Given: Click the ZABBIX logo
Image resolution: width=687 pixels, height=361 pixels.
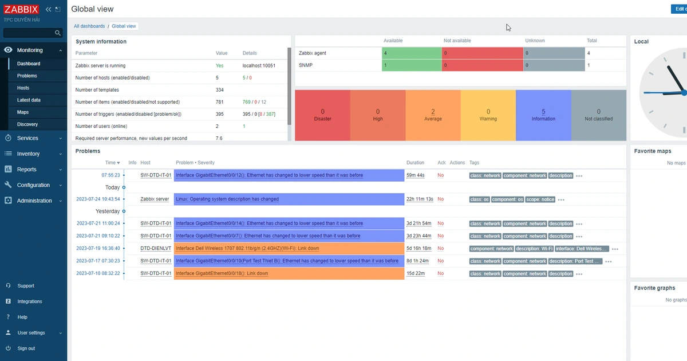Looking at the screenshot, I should [21, 9].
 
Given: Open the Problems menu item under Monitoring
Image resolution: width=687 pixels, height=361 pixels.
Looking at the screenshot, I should [27, 76].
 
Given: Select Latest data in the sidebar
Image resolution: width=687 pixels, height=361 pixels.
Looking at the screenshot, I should [29, 100].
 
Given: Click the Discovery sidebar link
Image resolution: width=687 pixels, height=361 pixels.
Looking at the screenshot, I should [27, 124].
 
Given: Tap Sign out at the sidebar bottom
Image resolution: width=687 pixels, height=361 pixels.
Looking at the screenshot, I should [26, 348].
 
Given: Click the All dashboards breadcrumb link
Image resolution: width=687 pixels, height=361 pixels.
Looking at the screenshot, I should [89, 26].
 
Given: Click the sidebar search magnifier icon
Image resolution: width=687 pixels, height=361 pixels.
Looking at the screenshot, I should [57, 33].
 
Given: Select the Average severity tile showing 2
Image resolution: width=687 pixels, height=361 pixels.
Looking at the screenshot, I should [433, 115].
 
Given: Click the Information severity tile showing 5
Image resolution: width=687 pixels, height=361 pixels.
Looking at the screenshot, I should [543, 115].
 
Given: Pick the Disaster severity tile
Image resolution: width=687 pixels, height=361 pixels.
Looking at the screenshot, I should [322, 115].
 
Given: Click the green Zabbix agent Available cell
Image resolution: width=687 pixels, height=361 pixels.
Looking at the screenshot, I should [411, 53].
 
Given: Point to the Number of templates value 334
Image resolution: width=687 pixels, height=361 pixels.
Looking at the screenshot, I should [219, 90].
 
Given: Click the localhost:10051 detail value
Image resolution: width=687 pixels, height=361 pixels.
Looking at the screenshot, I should [259, 66].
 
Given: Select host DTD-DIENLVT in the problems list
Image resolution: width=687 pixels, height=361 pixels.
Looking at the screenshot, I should [156, 249].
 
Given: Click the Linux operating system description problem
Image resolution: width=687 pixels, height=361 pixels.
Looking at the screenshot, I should [227, 199].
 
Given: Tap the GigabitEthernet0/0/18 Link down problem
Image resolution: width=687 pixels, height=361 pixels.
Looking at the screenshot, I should [222, 274].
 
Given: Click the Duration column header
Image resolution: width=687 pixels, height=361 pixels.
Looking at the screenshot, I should [416, 163].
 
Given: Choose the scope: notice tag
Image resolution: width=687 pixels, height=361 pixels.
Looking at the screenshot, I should [540, 199].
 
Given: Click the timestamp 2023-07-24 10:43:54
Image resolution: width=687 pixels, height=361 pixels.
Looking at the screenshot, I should [98, 199].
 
